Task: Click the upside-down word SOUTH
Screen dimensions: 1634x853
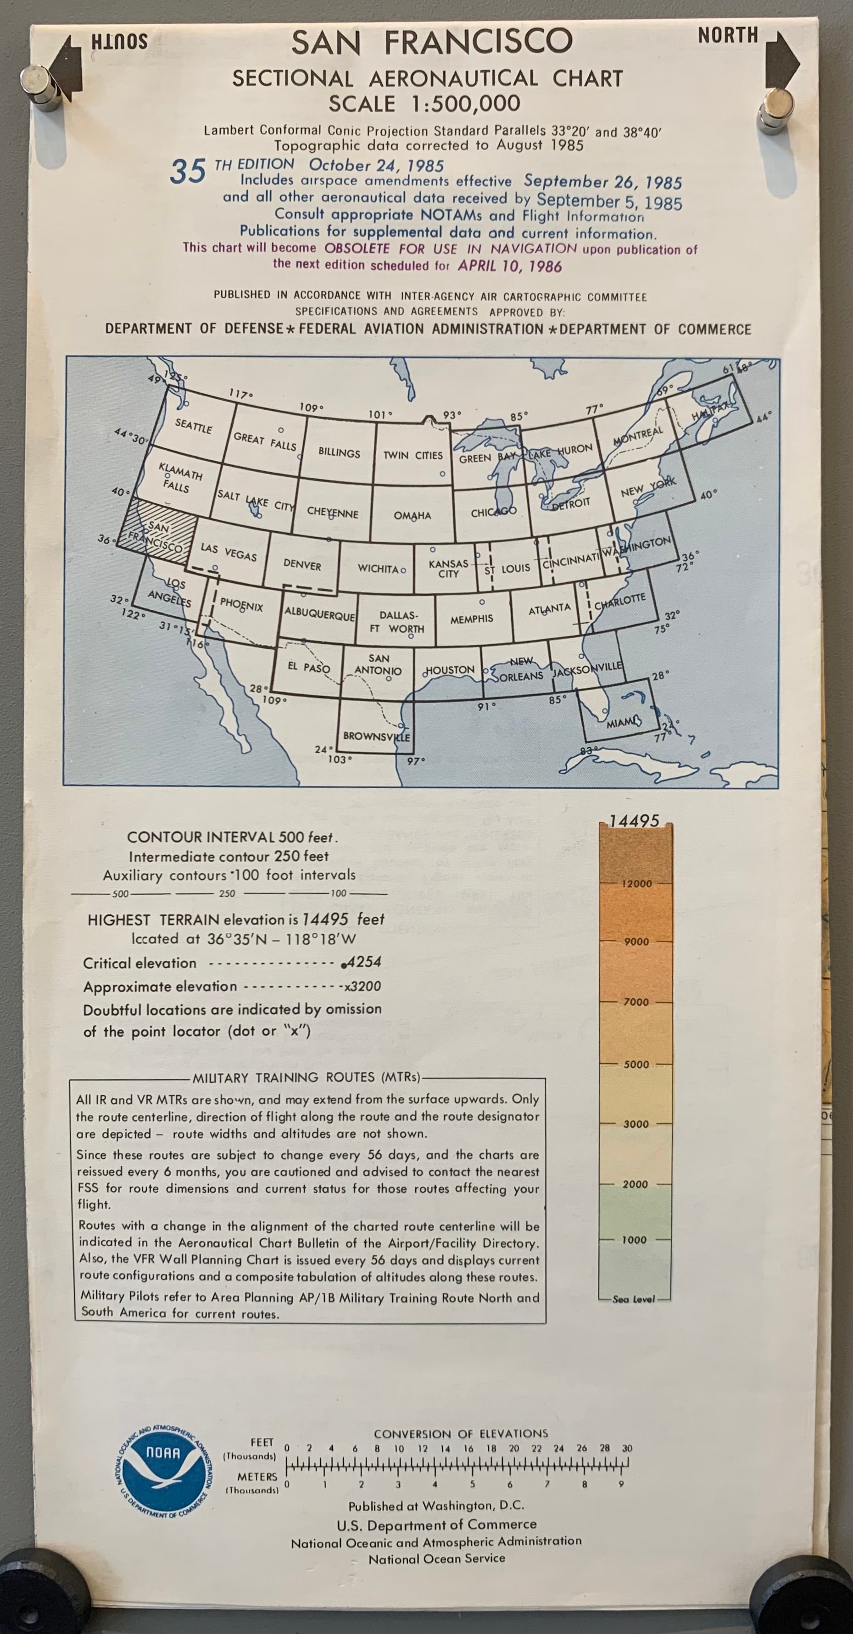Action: [119, 42]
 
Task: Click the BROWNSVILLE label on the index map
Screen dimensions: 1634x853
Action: [376, 736]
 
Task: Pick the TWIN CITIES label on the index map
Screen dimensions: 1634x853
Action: [413, 456]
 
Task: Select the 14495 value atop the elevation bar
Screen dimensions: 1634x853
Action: [634, 821]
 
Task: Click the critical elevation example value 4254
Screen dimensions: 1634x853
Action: [363, 962]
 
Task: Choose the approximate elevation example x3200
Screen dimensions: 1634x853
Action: [362, 987]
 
